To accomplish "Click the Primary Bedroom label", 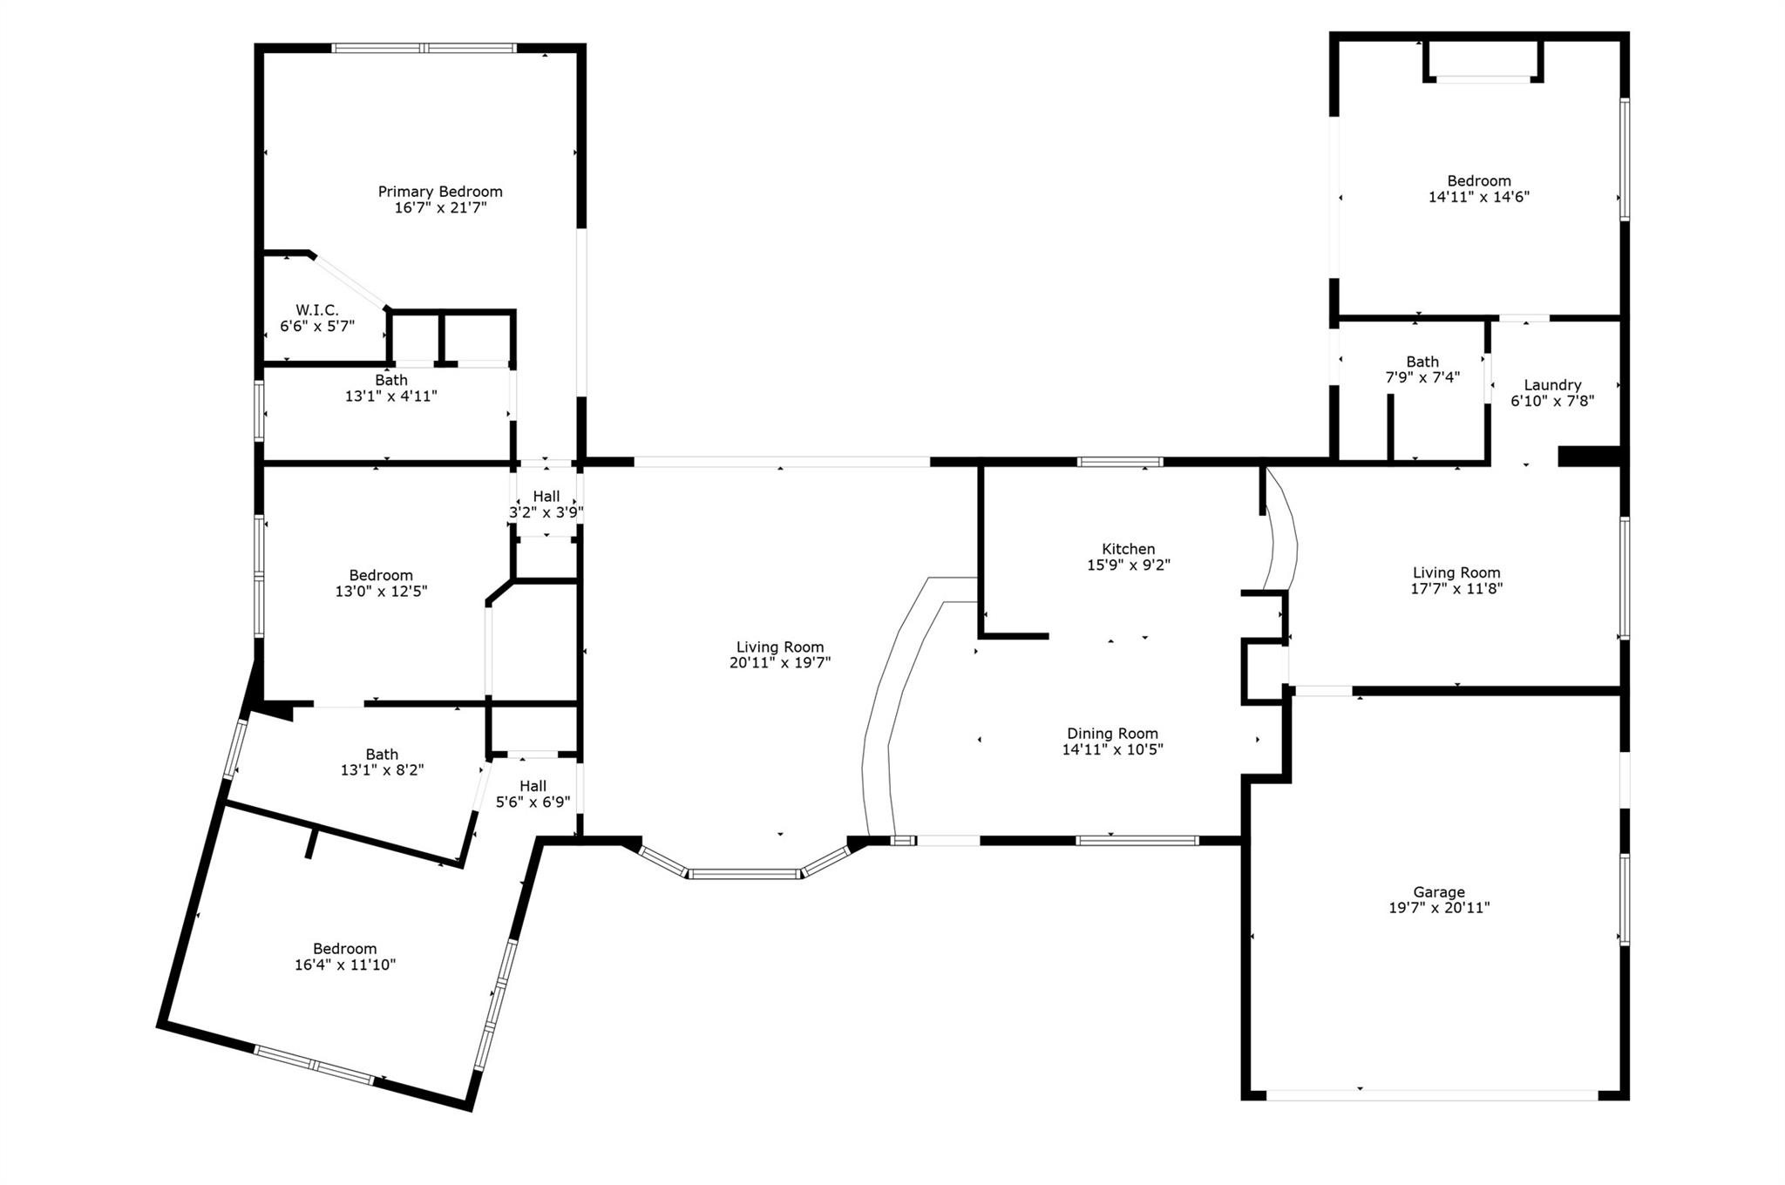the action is [440, 192].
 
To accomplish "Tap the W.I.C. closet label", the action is [317, 310].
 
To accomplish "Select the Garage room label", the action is [1439, 892].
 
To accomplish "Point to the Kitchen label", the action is [1129, 549].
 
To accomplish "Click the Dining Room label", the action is [1113, 734].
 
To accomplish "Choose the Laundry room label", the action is [1552, 385].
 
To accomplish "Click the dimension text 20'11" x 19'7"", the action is [780, 663].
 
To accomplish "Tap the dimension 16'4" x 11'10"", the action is [345, 965].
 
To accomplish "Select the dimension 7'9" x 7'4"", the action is [1422, 377].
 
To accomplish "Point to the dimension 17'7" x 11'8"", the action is [1457, 588].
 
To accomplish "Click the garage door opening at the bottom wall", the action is [1432, 1095].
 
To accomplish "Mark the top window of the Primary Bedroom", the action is [424, 48].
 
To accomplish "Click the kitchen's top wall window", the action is [1120, 462].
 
